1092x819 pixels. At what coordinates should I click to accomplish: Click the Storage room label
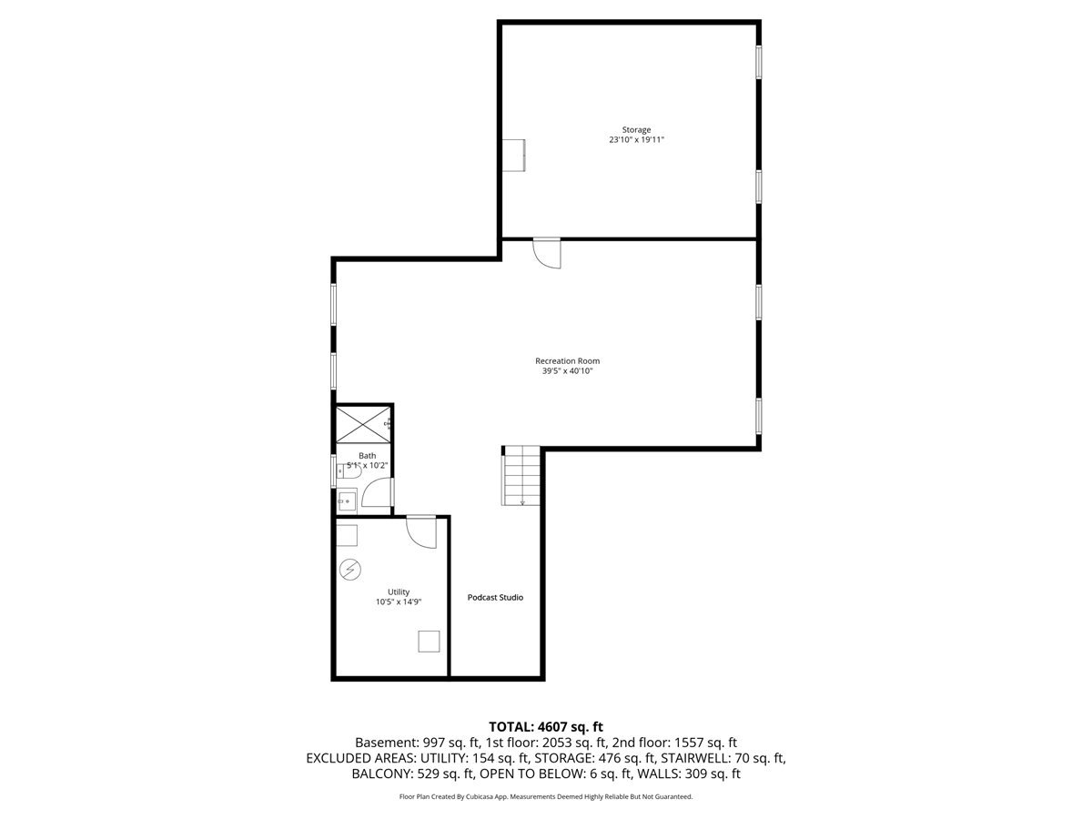coord(636,130)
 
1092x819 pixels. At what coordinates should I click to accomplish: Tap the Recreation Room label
coord(567,360)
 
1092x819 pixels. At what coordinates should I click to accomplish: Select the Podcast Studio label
coord(495,597)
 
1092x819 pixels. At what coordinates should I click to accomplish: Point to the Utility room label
coord(398,591)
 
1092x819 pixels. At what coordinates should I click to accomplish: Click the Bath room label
coord(367,456)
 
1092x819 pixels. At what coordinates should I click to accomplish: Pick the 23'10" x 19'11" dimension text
coord(636,140)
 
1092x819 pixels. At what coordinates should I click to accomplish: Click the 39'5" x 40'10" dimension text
coord(567,371)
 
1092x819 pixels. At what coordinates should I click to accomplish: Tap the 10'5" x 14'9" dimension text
coord(398,602)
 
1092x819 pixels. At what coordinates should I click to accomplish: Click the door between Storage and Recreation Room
coord(547,254)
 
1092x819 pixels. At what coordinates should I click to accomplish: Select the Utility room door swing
coord(421,532)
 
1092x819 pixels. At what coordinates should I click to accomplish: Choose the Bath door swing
coord(377,491)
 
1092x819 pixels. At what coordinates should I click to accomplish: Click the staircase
coord(521,475)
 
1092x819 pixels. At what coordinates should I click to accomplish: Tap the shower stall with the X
coord(364,424)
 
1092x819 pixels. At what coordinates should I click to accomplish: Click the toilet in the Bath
coord(349,471)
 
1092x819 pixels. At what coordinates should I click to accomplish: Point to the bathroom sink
coord(347,500)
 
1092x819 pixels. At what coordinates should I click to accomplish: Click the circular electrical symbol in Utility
coord(350,570)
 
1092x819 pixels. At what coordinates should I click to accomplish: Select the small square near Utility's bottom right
coord(429,641)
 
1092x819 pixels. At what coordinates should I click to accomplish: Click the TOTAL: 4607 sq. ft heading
coord(546,727)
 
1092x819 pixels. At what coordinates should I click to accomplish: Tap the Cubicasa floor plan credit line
coord(546,796)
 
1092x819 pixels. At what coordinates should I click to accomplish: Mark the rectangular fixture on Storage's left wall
coord(513,155)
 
